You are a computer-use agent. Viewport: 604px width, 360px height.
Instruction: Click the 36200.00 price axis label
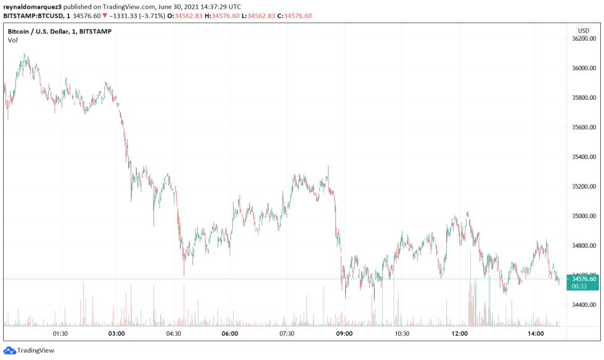point(584,39)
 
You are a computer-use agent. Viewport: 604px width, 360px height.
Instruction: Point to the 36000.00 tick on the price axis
point(584,68)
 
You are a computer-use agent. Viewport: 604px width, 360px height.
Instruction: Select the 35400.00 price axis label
point(584,157)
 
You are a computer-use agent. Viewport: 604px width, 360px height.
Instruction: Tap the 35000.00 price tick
point(584,216)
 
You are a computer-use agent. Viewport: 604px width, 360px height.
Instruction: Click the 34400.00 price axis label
point(584,305)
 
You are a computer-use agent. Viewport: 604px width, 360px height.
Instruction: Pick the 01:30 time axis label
point(60,333)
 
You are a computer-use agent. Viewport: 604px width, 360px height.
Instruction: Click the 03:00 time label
point(116,333)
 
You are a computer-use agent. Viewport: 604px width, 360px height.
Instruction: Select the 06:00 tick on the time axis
point(230,333)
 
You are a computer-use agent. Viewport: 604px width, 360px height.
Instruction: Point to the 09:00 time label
point(344,333)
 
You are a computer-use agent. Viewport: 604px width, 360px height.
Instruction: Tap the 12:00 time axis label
point(460,333)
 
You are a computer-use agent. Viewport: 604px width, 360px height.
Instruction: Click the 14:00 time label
point(536,333)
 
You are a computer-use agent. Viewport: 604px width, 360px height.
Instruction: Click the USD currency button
point(583,30)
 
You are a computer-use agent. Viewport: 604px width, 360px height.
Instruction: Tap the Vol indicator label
point(13,40)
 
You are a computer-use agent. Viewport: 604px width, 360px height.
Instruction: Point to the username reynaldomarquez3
point(31,6)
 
